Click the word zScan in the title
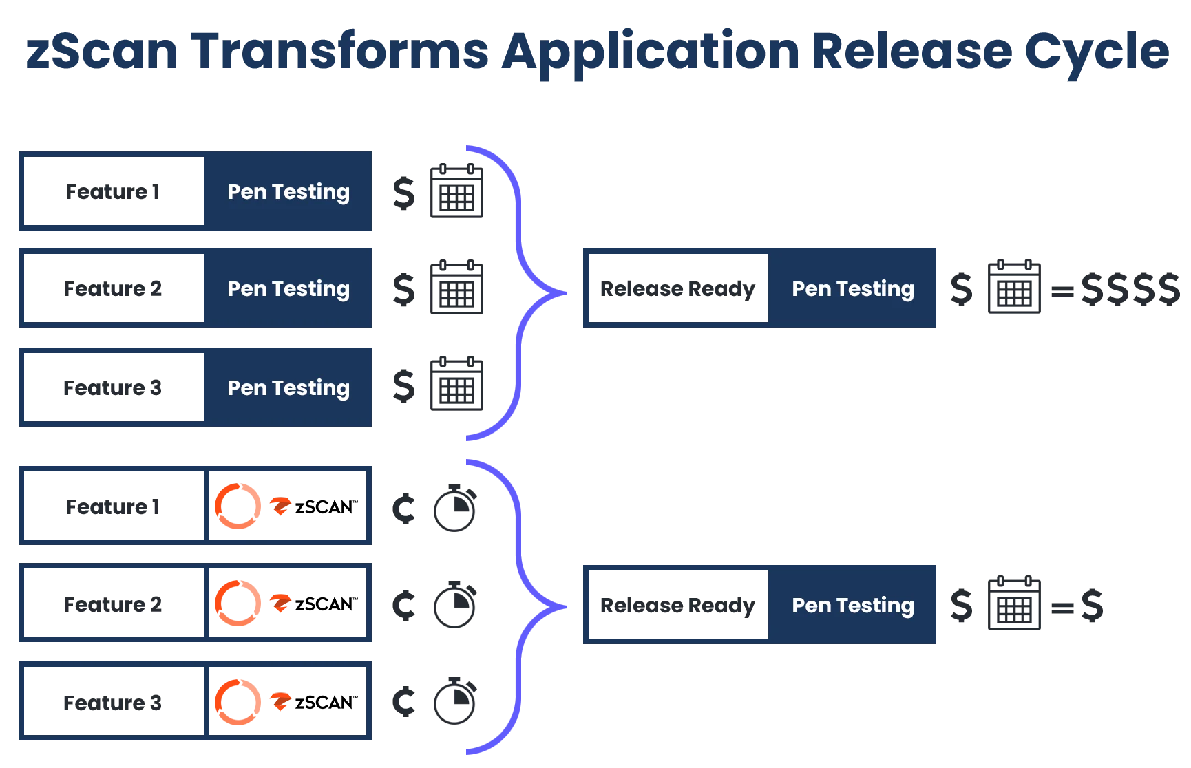[99, 52]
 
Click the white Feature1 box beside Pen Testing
[114, 191]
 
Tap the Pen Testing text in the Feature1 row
[288, 191]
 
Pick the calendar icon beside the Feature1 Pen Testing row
[456, 191]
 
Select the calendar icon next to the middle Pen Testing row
[456, 289]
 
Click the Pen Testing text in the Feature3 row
[288, 387]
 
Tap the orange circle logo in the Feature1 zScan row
[238, 507]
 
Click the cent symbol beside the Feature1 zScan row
[404, 509]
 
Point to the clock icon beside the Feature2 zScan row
[454, 606]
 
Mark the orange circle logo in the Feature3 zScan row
[238, 702]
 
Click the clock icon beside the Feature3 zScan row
[454, 702]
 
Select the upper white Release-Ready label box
[678, 289]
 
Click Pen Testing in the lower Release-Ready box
[852, 605]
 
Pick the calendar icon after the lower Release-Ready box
[1013, 603]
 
